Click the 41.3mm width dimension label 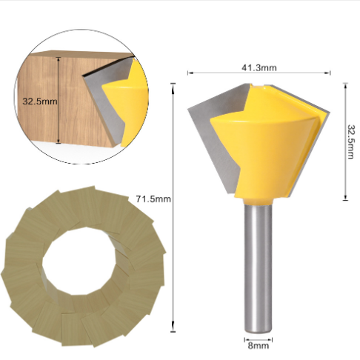tap(259, 67)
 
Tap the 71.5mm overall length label tap(153, 199)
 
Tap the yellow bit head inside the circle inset tap(119, 104)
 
